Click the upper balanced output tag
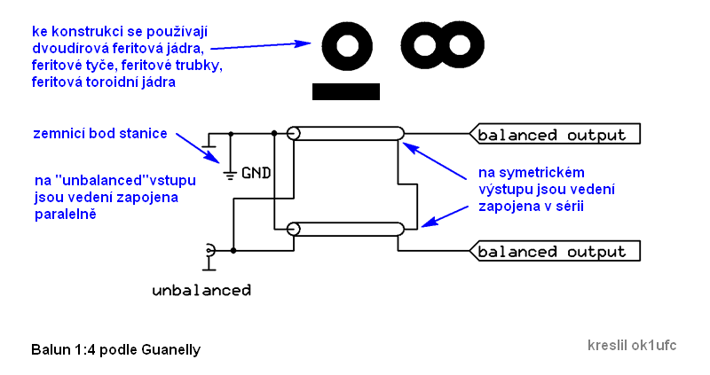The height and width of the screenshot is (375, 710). coord(556,135)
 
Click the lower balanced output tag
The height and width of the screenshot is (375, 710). coord(556,251)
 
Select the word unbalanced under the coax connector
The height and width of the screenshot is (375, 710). coord(201,290)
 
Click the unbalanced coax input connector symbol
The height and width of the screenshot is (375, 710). coord(209,252)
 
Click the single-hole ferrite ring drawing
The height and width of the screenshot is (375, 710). coord(346,46)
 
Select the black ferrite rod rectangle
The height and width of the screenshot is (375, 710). coord(346,90)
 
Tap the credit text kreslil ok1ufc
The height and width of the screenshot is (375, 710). coord(631,345)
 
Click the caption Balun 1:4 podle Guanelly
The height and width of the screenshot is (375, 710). coord(115,349)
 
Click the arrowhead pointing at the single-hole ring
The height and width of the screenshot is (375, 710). coord(307,43)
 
